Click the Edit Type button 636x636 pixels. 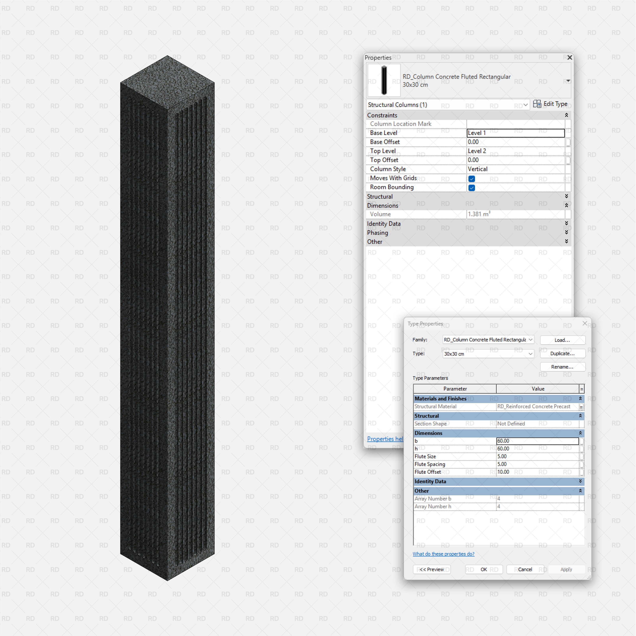tap(550, 104)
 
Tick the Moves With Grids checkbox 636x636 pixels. tap(471, 179)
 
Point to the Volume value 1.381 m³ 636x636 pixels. tap(479, 214)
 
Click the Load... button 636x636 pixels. tap(562, 340)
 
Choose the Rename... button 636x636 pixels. tap(562, 367)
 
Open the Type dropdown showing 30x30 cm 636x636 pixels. tap(488, 354)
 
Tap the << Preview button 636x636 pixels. tap(431, 569)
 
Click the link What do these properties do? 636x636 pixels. tap(443, 554)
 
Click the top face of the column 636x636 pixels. tap(167, 82)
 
